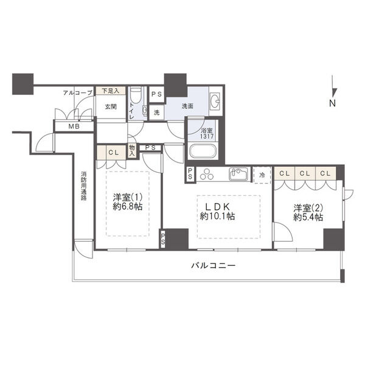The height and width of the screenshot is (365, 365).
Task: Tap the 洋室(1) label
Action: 127,198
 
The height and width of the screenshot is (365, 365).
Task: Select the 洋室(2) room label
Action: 308,207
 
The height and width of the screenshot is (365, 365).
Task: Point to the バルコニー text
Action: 214,265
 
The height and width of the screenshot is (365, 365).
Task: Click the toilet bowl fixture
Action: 136,96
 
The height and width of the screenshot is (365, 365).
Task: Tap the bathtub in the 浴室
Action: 203,151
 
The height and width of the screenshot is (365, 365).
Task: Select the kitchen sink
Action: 238,174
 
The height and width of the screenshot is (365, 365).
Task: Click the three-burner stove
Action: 207,174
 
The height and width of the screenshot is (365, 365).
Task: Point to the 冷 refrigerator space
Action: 262,175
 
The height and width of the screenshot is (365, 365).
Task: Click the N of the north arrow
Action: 332,103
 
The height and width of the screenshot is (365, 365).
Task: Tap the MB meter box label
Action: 74,127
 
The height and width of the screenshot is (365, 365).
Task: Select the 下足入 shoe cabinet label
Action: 111,91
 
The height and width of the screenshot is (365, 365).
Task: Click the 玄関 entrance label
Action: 111,107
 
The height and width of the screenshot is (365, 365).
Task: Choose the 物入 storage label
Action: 132,151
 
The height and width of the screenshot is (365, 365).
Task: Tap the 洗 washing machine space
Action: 157,113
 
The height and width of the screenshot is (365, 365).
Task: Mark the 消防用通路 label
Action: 84,186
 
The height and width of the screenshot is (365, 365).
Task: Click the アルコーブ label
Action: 78,93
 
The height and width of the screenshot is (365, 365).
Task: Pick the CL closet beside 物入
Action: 114,153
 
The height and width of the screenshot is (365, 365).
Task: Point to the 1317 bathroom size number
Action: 207,136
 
